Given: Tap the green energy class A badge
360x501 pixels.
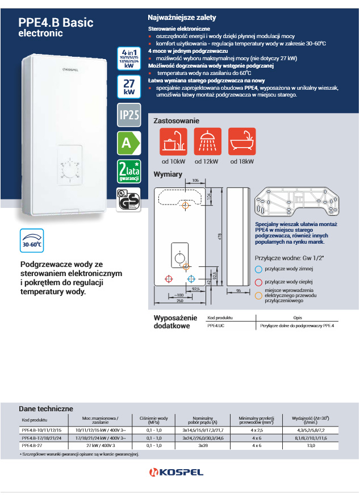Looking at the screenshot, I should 128,143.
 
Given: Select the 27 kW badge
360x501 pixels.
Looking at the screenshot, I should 128,87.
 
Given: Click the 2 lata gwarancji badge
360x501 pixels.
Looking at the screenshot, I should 128,172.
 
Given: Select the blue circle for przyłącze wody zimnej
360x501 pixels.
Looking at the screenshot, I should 258,270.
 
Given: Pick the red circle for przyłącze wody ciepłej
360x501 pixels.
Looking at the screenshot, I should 258,282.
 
